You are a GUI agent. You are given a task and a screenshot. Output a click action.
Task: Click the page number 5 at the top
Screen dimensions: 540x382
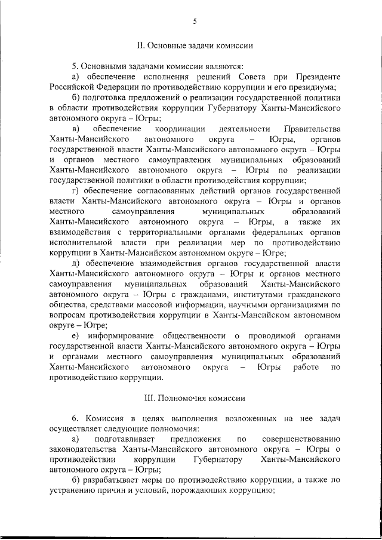point(195,22)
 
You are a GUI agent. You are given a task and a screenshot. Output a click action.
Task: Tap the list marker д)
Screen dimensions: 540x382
point(75,263)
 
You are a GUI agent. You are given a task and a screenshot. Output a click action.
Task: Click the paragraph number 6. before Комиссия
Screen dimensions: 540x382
point(75,419)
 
